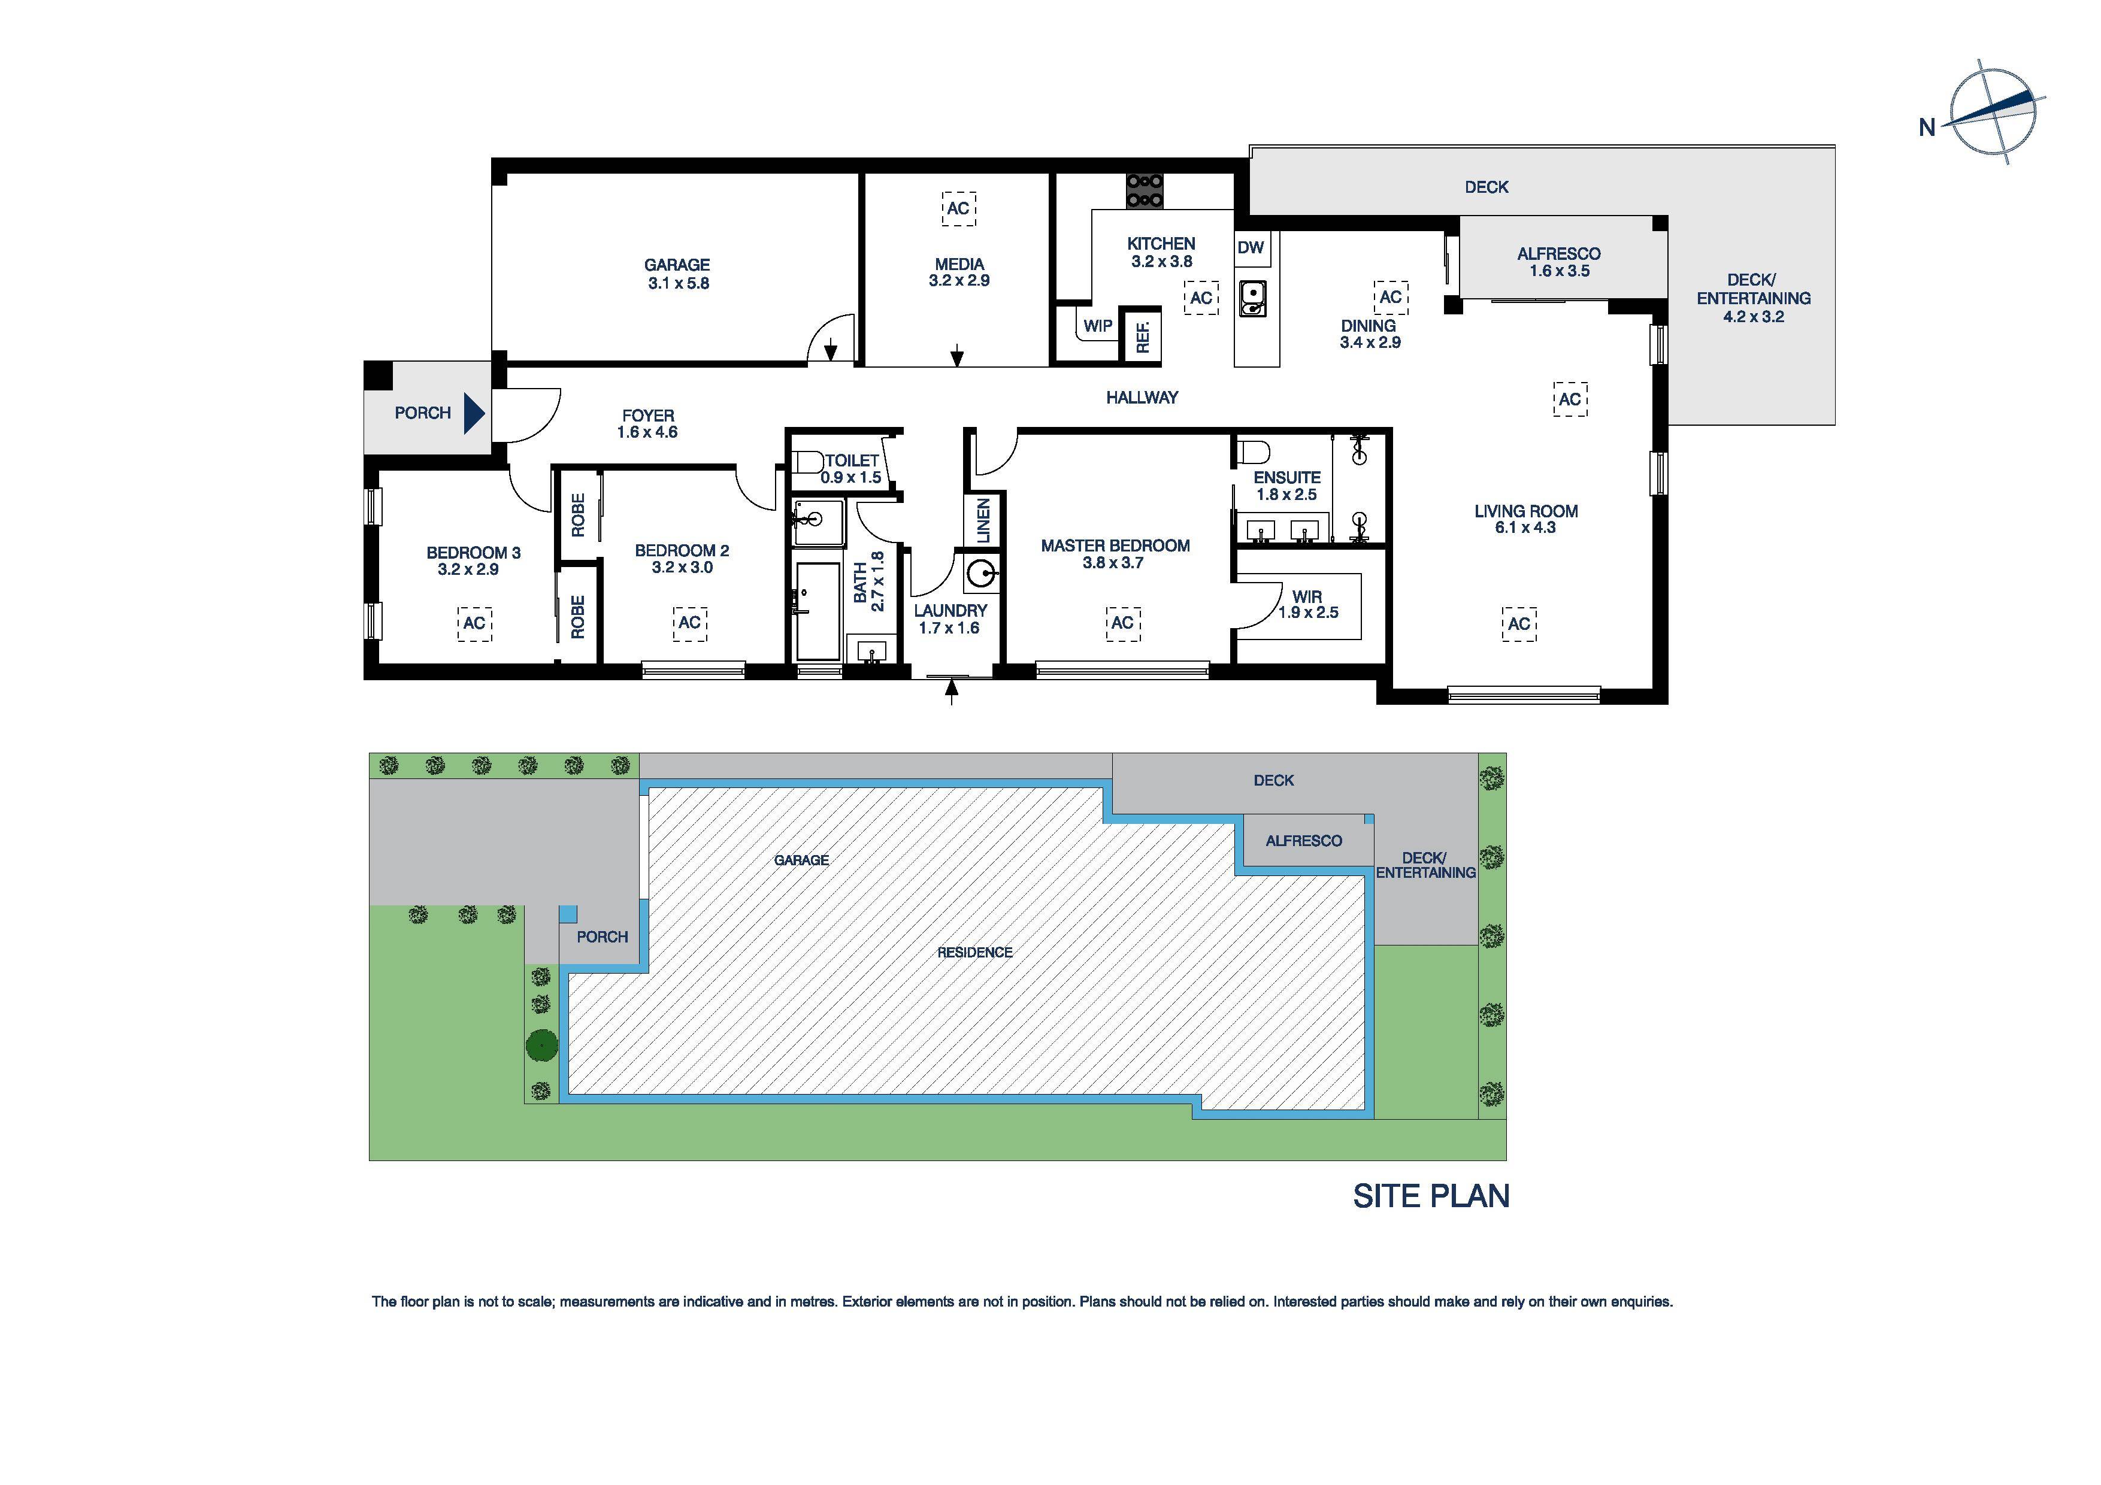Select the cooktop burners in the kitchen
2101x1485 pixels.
coord(1144,190)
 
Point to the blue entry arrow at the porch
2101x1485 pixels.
coord(473,413)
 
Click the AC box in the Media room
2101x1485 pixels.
coord(958,208)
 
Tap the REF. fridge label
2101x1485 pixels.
coord(1143,335)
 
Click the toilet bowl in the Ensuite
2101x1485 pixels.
coord(1253,452)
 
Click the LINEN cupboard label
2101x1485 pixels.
coord(983,520)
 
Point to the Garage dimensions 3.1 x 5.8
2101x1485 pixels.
coord(678,284)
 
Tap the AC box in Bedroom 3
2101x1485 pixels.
coord(474,623)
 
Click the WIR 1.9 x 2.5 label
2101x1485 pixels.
coord(1307,605)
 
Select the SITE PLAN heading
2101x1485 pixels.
coord(1430,1196)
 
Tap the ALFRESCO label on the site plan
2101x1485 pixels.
coord(1303,841)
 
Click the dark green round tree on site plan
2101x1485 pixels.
coord(542,1044)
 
